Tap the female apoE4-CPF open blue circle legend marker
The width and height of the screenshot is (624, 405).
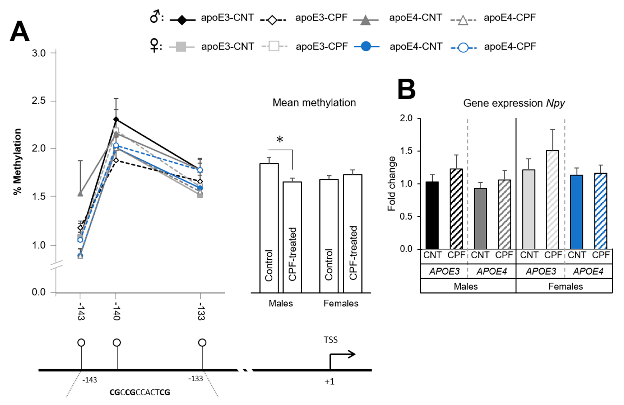pyautogui.click(x=463, y=48)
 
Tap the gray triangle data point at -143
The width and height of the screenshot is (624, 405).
pyautogui.click(x=80, y=194)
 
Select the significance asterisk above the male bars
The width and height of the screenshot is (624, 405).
pyautogui.click(x=280, y=139)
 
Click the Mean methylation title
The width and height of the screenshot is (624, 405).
pyautogui.click(x=314, y=103)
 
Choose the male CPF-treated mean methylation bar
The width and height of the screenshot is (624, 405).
pyautogui.click(x=292, y=237)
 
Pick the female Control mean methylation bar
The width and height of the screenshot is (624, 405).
pyautogui.click(x=329, y=236)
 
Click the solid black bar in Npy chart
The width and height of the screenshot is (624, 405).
pyautogui.click(x=432, y=215)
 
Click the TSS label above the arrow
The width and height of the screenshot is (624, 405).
pyautogui.click(x=330, y=340)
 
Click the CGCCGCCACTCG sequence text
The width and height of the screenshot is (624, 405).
pyautogui.click(x=140, y=392)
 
